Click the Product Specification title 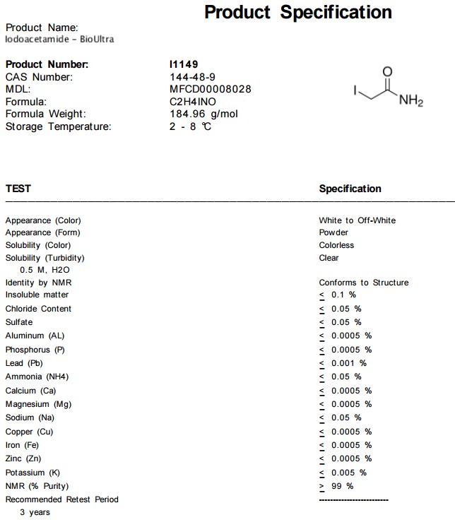click(297, 12)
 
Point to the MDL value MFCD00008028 click(211, 89)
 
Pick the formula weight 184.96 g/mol click(203, 114)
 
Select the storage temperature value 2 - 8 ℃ click(191, 126)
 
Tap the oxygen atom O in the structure click(386, 71)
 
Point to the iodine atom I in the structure click(355, 90)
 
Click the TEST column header click(18, 189)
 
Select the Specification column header click(350, 189)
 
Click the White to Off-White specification click(357, 220)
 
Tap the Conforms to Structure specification click(363, 283)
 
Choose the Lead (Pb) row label click(24, 363)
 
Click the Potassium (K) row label click(33, 473)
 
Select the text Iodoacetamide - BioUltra click(59, 40)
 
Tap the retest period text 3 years click(35, 512)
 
